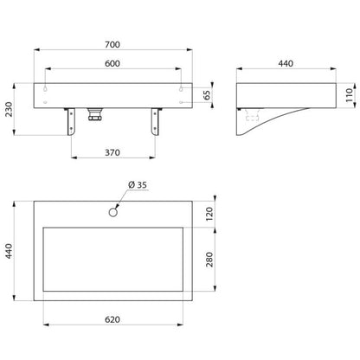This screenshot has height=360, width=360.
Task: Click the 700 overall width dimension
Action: click(112, 45)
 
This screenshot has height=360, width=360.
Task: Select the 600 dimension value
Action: click(112, 63)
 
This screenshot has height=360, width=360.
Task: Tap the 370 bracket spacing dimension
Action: click(112, 152)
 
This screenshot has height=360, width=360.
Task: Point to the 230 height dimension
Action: click(9, 109)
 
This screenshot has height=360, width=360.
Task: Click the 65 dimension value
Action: click(207, 95)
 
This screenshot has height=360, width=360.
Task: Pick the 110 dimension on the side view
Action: click(350, 95)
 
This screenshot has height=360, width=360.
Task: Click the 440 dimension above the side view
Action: click(286, 63)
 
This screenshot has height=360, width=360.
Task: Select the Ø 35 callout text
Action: click(138, 185)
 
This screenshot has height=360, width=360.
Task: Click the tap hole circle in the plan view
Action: click(113, 212)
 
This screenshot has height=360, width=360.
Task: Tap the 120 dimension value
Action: click(209, 214)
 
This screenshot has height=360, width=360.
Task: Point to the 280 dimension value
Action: click(209, 260)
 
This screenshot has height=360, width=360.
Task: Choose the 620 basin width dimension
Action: click(112, 319)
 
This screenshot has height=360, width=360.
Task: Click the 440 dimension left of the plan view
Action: click(9, 251)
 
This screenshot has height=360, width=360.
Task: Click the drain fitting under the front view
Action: click(94, 114)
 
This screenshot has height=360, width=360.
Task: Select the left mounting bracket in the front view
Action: click(70, 121)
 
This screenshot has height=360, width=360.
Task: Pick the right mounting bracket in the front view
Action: click(156, 121)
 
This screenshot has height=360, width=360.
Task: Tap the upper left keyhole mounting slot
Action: click(46, 88)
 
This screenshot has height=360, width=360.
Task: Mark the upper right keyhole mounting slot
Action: click(181, 88)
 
